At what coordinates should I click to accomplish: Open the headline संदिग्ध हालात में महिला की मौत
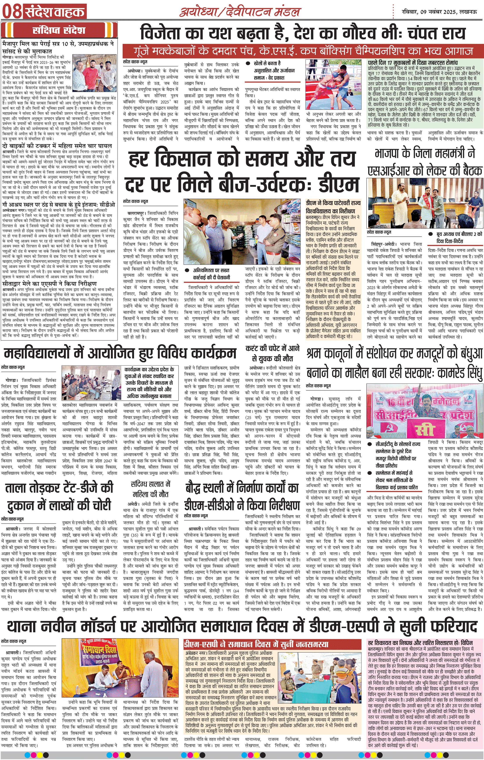tap(150, 489)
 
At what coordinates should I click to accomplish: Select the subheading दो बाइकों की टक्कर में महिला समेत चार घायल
tap(57, 146)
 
